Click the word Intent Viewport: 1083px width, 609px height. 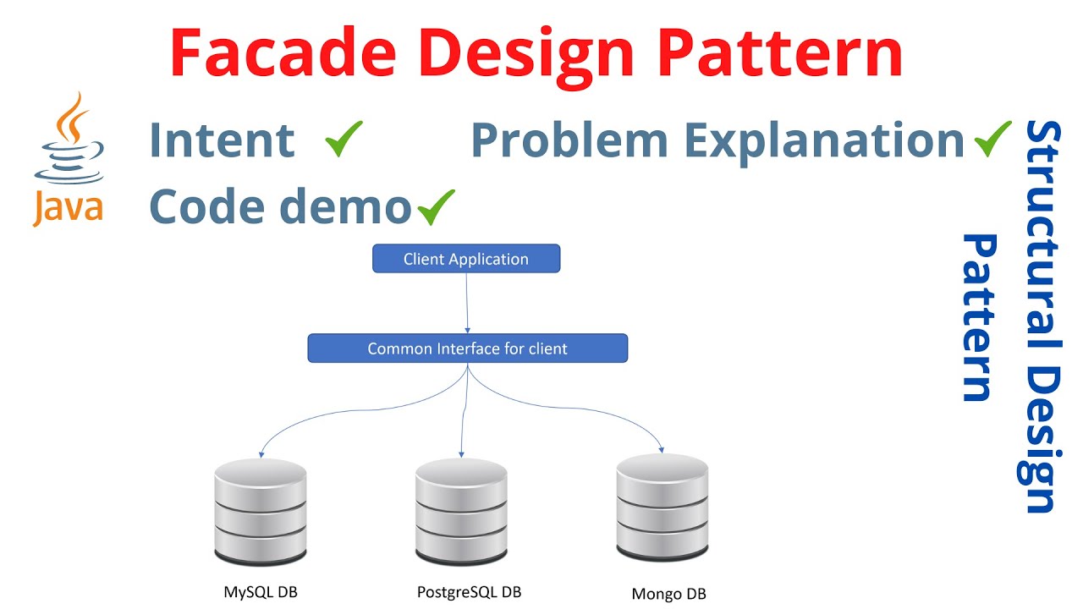click(x=222, y=140)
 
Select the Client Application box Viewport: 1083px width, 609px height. click(x=466, y=259)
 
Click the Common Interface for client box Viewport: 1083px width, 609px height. click(x=467, y=348)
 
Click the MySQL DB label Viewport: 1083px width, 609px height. click(x=261, y=592)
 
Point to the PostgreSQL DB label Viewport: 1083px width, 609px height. click(x=469, y=592)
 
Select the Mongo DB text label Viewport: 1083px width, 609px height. click(x=668, y=594)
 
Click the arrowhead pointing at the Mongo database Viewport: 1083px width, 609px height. click(x=661, y=449)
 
